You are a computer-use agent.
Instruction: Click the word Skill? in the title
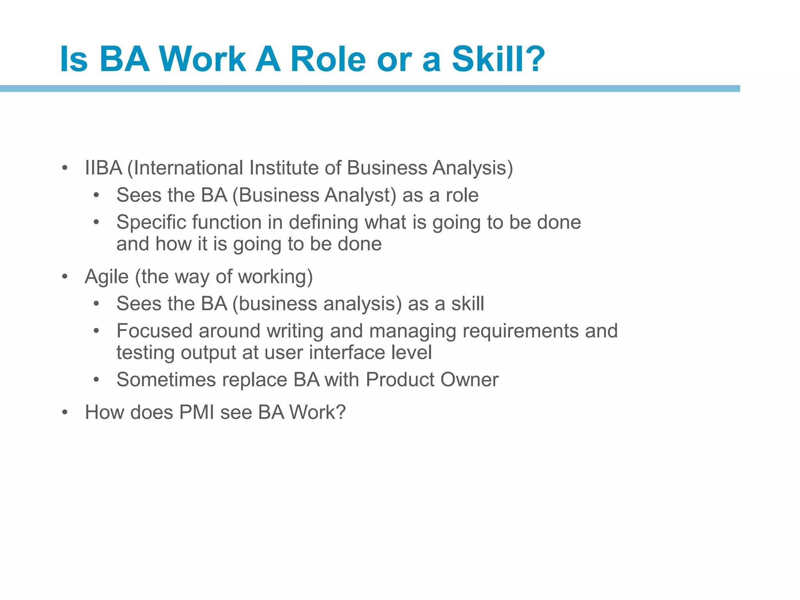(x=498, y=59)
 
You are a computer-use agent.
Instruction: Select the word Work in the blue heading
(x=202, y=59)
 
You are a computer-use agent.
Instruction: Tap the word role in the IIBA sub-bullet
(x=462, y=195)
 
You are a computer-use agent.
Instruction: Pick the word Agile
(x=107, y=277)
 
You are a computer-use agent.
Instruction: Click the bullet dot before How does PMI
(x=65, y=412)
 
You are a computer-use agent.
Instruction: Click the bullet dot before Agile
(x=65, y=277)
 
